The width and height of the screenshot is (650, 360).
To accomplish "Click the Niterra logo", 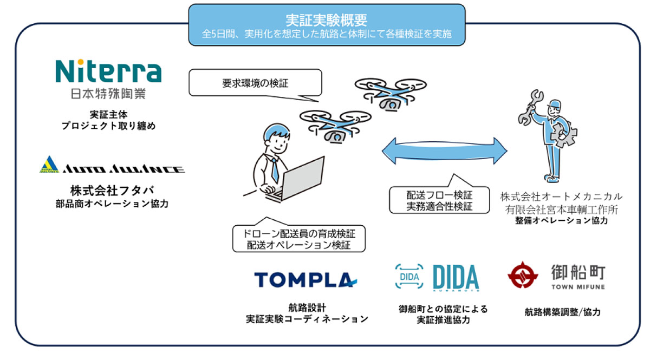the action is [108, 71].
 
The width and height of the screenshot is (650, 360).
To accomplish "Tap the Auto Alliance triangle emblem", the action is [49, 164].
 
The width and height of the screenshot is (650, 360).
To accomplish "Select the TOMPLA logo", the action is [305, 280].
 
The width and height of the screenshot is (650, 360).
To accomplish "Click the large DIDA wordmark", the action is [456, 278].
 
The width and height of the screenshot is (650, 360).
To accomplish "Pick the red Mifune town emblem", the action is [523, 275].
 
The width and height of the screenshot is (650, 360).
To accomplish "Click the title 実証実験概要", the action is [327, 19].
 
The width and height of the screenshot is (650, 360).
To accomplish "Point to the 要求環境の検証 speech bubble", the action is [255, 83].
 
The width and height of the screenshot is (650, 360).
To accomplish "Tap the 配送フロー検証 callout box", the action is [439, 200].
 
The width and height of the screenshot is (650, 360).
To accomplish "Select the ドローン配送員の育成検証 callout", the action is [299, 238].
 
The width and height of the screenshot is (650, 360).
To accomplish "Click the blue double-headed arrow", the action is [444, 151].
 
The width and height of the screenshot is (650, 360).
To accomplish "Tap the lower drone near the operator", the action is [335, 126].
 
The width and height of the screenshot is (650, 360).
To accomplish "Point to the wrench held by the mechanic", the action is [530, 108].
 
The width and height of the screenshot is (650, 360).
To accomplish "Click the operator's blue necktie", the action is [275, 169].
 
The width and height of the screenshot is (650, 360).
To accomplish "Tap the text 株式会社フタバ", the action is [112, 191].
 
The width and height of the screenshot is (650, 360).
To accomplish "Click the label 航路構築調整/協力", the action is [562, 312].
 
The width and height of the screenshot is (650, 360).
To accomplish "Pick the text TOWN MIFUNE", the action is [578, 287].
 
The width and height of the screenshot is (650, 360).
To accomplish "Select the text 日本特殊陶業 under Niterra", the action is [108, 94].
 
